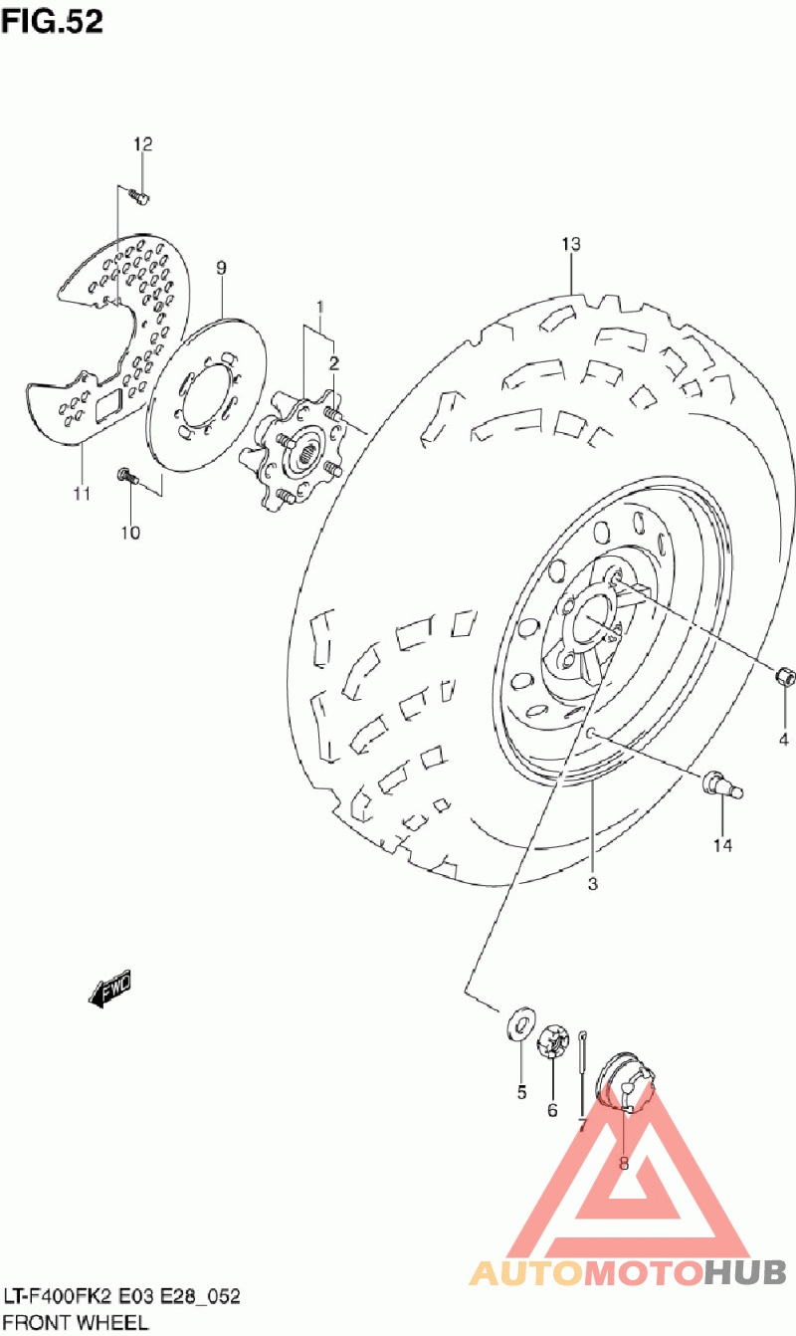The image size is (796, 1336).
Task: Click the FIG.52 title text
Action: (x=52, y=21)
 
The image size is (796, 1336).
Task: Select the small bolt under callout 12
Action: (x=140, y=197)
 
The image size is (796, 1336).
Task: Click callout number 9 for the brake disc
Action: (x=221, y=267)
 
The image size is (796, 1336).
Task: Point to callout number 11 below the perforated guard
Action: (x=81, y=493)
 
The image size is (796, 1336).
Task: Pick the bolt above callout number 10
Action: (x=126, y=475)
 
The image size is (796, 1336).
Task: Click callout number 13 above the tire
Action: (x=570, y=244)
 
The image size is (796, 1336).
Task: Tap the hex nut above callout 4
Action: (x=783, y=677)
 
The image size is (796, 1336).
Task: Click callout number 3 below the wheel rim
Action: (x=592, y=883)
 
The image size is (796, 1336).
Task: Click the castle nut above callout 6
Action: (x=551, y=1045)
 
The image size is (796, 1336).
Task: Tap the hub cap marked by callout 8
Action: (x=626, y=1081)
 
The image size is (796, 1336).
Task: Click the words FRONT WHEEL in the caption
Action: (x=76, y=1323)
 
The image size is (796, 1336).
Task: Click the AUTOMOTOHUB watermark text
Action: (x=627, y=1271)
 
